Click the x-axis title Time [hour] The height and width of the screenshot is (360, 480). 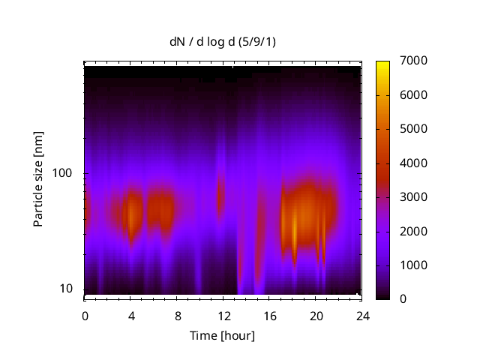[x=222, y=335]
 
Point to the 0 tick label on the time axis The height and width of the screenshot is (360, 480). [x=85, y=315]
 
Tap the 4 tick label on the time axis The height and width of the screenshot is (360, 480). [x=130, y=315]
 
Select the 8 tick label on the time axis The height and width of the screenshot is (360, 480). [x=177, y=315]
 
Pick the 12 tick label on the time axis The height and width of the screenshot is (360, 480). [x=223, y=315]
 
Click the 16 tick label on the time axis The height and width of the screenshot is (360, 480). [x=269, y=315]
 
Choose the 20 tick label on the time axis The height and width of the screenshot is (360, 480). [x=315, y=315]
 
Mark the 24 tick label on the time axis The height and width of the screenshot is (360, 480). [x=361, y=315]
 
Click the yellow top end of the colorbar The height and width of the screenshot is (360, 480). [x=382, y=64]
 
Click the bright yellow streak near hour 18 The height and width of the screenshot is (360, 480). [x=294, y=225]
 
